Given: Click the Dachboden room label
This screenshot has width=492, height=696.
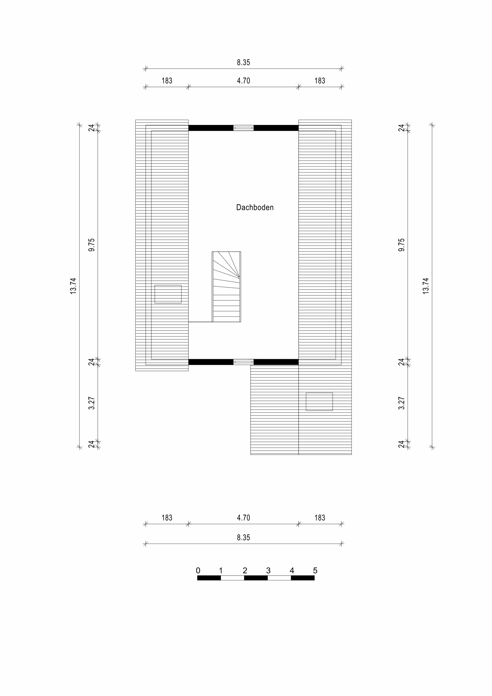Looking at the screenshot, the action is (x=255, y=207).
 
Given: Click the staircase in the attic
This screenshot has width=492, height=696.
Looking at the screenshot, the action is (x=227, y=287).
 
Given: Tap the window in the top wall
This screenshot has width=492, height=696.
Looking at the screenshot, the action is (x=244, y=128).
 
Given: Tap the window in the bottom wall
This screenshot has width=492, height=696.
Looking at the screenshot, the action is (x=244, y=362).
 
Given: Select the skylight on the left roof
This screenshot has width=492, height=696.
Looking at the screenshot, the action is (x=168, y=294).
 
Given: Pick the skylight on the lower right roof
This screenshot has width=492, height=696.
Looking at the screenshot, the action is (x=319, y=402).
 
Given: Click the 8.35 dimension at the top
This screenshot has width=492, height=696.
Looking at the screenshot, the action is (x=244, y=63).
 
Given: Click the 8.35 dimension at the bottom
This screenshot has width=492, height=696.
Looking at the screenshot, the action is (x=244, y=538).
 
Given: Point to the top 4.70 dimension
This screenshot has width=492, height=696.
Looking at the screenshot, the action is (x=244, y=81).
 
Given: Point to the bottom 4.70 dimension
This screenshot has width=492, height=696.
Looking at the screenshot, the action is (x=244, y=518).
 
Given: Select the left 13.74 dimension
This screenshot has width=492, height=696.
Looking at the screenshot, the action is (x=73, y=286).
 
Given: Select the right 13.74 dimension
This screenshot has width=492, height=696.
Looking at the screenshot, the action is (x=426, y=286).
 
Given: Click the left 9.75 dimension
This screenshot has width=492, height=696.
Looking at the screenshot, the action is (x=92, y=245).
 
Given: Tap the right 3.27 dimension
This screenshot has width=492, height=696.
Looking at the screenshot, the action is (x=402, y=403).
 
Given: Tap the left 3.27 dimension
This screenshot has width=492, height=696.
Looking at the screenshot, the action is (x=92, y=403).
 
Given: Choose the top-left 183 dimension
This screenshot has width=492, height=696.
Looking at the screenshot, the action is (x=167, y=81).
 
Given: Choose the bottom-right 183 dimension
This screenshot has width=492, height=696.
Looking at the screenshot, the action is (x=320, y=518).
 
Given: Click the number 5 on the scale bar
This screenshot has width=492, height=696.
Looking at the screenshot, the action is (x=315, y=571).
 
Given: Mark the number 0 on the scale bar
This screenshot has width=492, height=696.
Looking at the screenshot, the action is (x=198, y=571).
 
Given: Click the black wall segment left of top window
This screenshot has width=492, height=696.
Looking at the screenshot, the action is (x=211, y=128).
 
